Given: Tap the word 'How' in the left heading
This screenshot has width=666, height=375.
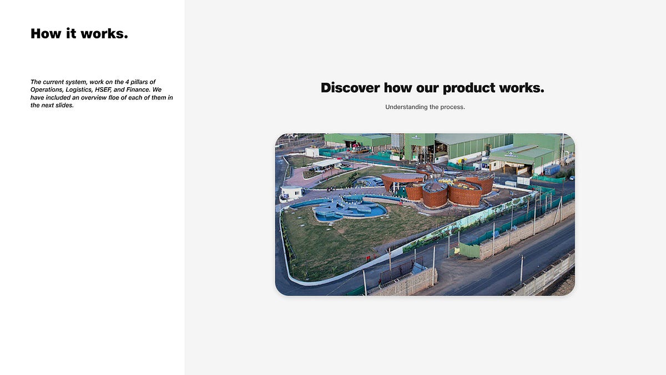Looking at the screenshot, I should pyautogui.click(x=46, y=34).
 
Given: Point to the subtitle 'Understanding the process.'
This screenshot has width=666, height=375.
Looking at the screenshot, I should pyautogui.click(x=425, y=107).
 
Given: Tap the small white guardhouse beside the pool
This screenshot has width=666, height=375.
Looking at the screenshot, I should pyautogui.click(x=291, y=192).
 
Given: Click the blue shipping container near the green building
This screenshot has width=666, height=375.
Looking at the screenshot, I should pyautogui.click(x=552, y=169).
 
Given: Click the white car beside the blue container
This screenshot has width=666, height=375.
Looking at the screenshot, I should pyautogui.click(x=571, y=178).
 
